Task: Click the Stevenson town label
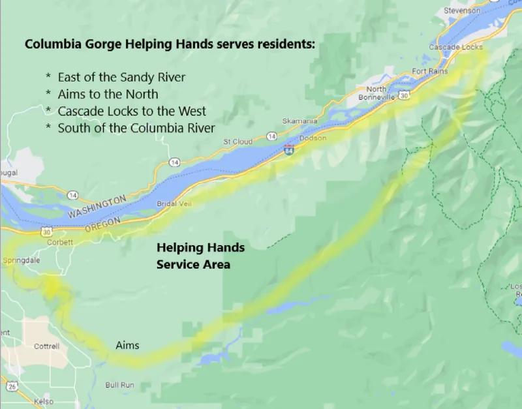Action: [x=461, y=11]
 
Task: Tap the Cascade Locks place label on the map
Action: [x=456, y=48]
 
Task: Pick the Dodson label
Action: [x=312, y=138]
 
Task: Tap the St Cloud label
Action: [x=238, y=142]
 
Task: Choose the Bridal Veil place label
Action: [x=172, y=204]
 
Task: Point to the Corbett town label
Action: [x=59, y=241]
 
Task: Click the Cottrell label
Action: [x=46, y=346]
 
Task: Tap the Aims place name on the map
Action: [x=127, y=345]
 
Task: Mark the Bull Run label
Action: [x=119, y=386]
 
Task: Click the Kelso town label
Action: [x=44, y=402]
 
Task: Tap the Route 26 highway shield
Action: [x=12, y=386]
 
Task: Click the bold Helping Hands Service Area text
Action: [x=200, y=256]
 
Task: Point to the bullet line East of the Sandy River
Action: [x=121, y=77]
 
